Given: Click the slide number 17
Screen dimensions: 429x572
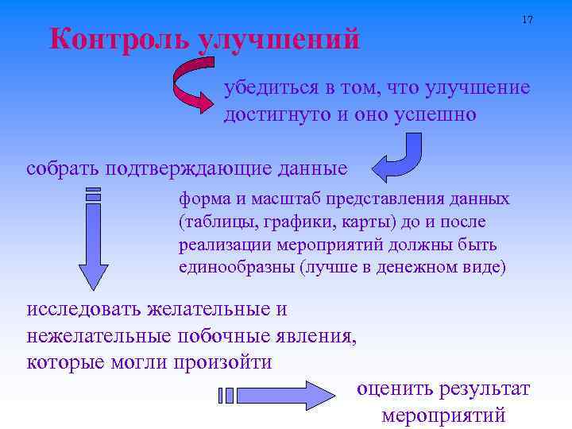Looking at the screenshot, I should (x=527, y=19).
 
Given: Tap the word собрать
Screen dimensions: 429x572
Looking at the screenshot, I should (x=63, y=168).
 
